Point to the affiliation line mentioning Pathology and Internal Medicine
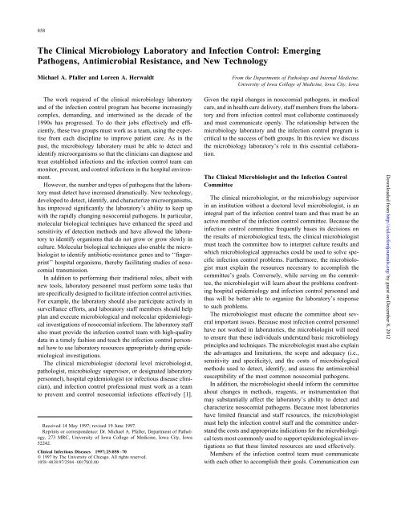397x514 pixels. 301,82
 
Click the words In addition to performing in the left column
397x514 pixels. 74,309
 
